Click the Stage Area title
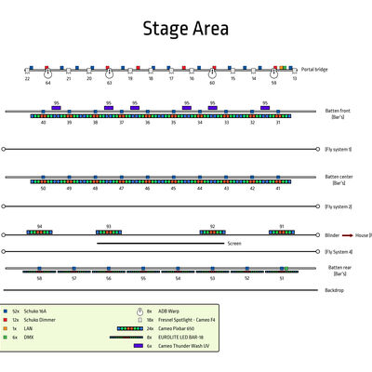click(x=185, y=29)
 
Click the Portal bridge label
click(x=314, y=69)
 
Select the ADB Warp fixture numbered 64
click(x=47, y=73)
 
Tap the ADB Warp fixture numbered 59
click(x=273, y=73)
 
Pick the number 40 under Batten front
click(x=43, y=123)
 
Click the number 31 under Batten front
click(x=277, y=123)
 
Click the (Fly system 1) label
click(x=338, y=149)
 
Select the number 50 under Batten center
click(x=43, y=188)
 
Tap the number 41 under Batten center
click(x=277, y=188)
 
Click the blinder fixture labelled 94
click(x=40, y=232)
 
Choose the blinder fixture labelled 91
click(x=282, y=232)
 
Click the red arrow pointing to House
click(x=346, y=235)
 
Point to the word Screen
click(x=234, y=244)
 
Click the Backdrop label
click(x=334, y=290)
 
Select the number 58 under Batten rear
click(x=39, y=278)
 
